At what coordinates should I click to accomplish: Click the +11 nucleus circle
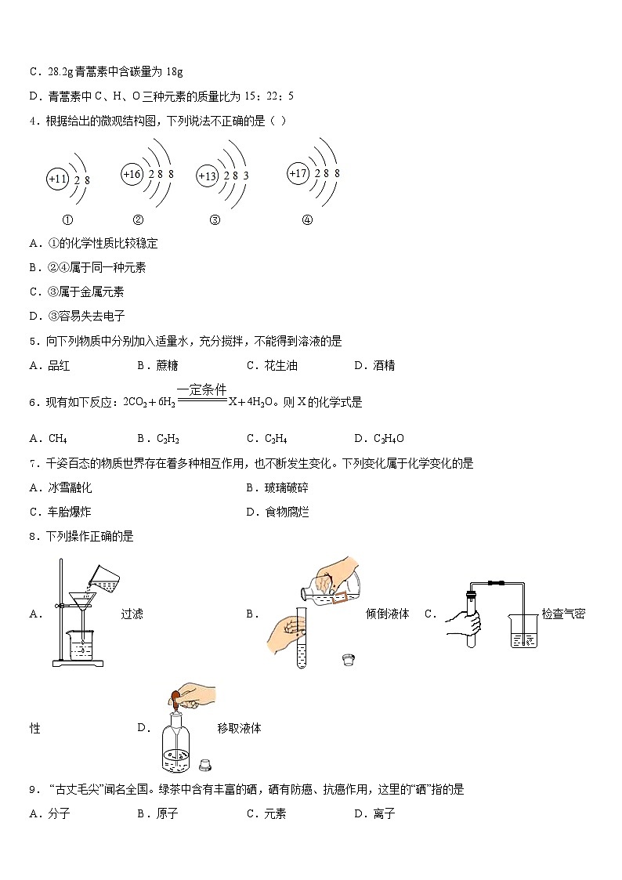tap(57, 179)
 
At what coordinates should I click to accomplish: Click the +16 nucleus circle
tap(132, 175)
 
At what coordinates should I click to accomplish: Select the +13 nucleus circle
tap(207, 176)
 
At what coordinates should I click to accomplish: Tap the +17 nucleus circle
tap(298, 174)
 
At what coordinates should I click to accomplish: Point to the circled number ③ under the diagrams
tap(215, 220)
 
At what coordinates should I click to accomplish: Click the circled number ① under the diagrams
tap(68, 220)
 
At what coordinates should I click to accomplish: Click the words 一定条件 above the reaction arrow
tap(201, 389)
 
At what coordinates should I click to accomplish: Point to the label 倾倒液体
tap(388, 614)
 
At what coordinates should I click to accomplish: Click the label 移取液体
tap(239, 728)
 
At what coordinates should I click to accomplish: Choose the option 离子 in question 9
tap(384, 813)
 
